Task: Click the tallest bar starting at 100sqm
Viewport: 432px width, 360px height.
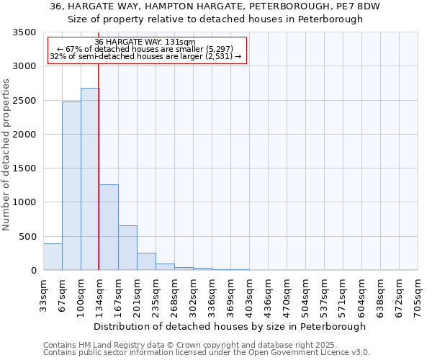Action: (90, 179)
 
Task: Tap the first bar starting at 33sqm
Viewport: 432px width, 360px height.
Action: (53, 257)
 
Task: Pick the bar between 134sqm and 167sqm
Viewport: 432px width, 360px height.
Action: (109, 228)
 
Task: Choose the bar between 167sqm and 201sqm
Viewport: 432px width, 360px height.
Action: (127, 248)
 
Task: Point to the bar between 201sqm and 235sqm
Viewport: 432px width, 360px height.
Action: (146, 261)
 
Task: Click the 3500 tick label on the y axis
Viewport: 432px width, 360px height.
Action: (24, 32)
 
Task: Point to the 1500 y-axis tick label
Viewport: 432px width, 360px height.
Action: (24, 168)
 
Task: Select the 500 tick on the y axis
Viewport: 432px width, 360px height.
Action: (27, 236)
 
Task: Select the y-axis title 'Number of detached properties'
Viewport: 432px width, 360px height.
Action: (6, 155)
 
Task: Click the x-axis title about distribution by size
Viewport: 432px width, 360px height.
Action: (230, 326)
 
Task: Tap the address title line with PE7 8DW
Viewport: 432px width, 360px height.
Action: (215, 6)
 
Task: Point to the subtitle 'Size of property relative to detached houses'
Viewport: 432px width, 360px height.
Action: (215, 19)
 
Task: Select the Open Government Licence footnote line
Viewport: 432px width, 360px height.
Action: (207, 353)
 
